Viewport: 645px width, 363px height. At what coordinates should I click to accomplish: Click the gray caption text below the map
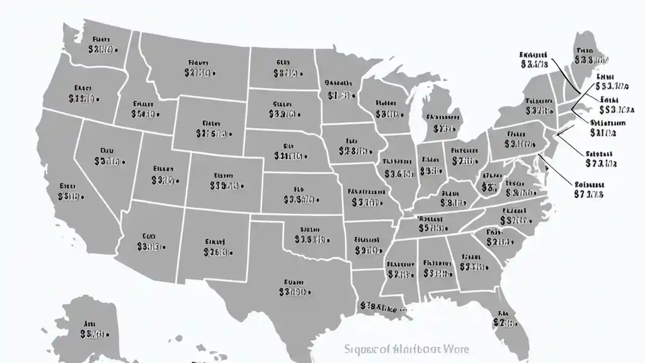[x=406, y=349]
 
